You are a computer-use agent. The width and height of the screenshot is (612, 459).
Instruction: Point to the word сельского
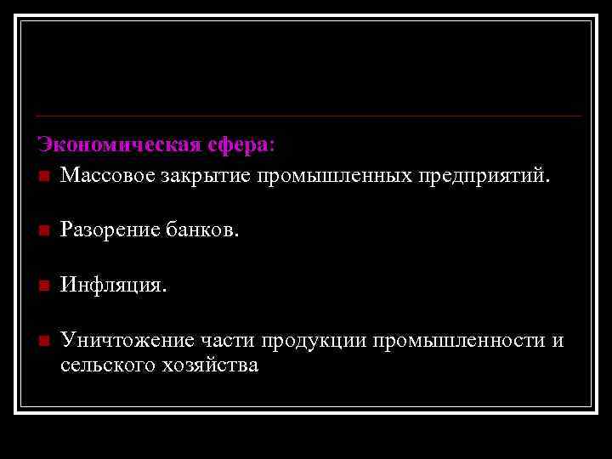[x=100, y=365]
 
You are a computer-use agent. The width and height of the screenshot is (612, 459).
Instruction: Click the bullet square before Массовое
[x=44, y=177]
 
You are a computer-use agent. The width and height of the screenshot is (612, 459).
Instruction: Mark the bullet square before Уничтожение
[x=44, y=341]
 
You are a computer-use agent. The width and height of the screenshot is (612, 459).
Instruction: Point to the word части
[x=229, y=341]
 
